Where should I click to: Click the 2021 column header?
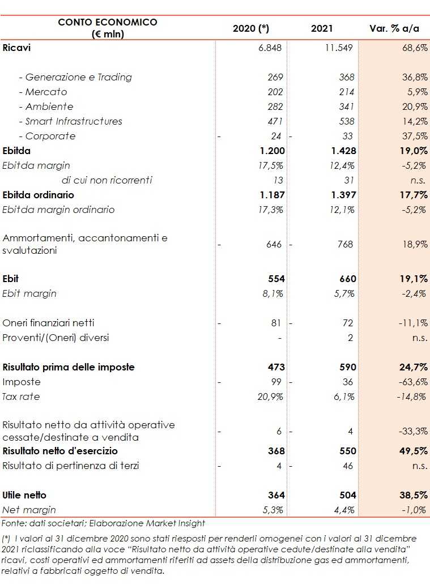[322, 28]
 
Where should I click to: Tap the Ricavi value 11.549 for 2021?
[339, 48]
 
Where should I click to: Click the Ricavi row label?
[17, 48]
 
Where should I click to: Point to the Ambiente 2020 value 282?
[275, 106]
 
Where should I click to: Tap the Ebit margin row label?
[29, 293]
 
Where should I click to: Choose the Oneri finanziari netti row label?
[49, 323]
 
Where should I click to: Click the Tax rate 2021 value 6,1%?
[344, 397]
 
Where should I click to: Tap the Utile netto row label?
[25, 495]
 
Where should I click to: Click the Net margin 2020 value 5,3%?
[272, 510]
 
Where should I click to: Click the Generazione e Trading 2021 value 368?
[347, 77]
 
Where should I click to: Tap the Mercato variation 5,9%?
[415, 92]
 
